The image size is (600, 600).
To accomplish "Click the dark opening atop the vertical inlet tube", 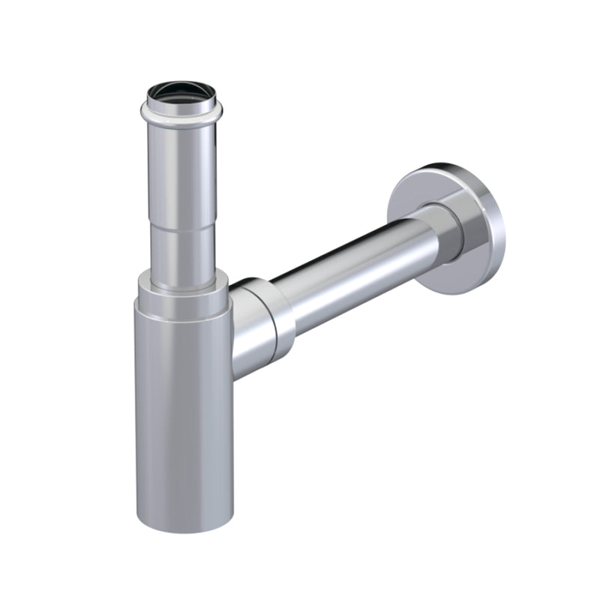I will [x=177, y=93].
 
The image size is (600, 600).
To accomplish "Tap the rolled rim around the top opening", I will [x=178, y=112].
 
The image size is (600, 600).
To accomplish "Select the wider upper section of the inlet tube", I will [x=178, y=165].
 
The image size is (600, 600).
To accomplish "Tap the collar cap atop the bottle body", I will [x=181, y=292].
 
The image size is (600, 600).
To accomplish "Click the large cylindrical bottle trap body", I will [x=184, y=405].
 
